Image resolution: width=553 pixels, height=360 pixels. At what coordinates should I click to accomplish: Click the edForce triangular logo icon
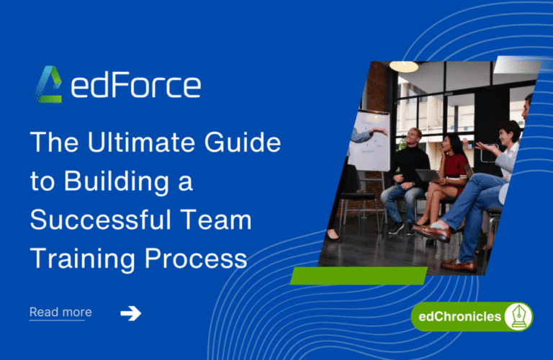click(x=49, y=85)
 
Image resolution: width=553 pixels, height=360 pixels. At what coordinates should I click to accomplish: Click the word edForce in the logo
click(x=136, y=86)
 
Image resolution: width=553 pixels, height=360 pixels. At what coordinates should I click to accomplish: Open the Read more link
click(x=60, y=312)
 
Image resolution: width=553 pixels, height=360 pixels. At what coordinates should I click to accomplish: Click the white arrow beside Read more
click(x=130, y=312)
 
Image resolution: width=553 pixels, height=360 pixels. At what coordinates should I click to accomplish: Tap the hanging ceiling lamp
click(x=404, y=66)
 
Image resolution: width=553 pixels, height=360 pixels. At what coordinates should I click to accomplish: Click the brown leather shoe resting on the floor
click(x=458, y=264)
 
